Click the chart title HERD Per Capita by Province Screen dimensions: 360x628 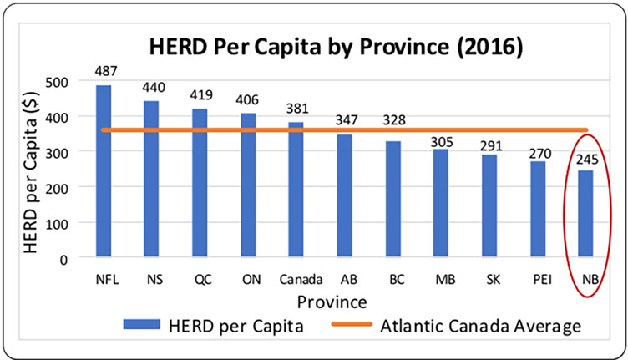pos(335,46)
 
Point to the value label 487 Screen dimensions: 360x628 pos(104,73)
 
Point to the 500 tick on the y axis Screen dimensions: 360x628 pos(58,82)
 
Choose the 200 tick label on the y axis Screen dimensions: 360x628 pos(58,188)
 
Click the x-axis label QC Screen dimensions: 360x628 pos(200,278)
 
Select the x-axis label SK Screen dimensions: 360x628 pos(492,278)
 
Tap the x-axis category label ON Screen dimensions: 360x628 pos(249,278)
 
